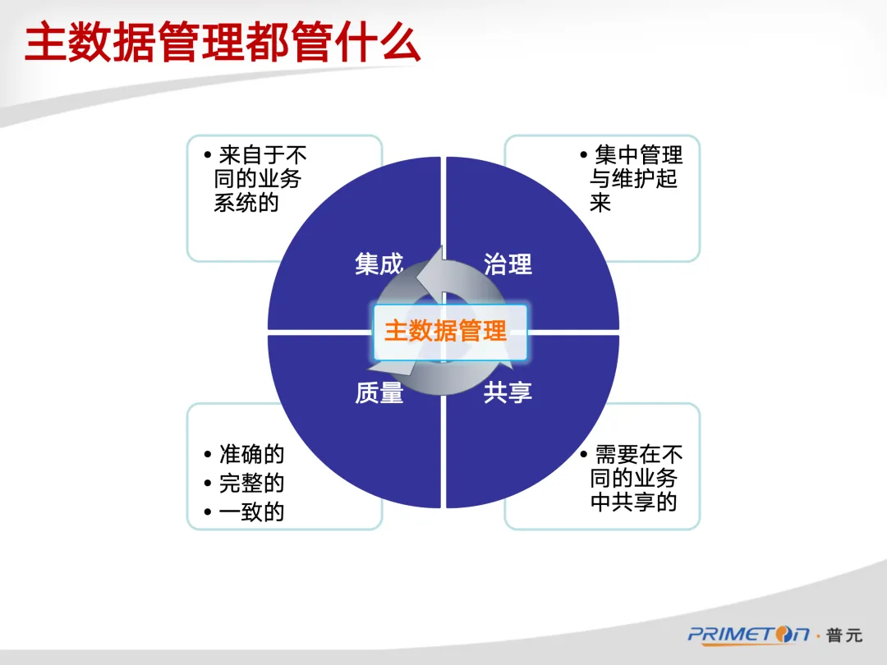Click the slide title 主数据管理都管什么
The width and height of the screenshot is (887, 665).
pos(223,44)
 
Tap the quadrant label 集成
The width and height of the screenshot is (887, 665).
pos(379,264)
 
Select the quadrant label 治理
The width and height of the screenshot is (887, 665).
pos(508,264)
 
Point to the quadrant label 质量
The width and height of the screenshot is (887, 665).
pos(379,393)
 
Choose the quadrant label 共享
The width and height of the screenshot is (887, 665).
pos(508,392)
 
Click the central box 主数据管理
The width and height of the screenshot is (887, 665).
pos(450,332)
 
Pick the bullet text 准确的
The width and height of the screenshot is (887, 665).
pos(251,454)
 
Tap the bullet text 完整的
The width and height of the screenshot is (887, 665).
pos(251,483)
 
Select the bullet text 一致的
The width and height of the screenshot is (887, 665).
pos(251,511)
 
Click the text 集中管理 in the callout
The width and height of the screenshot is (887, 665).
pos(638,155)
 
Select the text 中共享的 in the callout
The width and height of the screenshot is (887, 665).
pos(633,502)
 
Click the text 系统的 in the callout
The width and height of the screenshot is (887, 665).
pos(246,203)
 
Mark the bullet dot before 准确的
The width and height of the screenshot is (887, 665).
pos(208,454)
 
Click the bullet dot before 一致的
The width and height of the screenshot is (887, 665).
pos(208,512)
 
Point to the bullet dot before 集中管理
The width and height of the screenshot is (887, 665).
pos(583,155)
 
